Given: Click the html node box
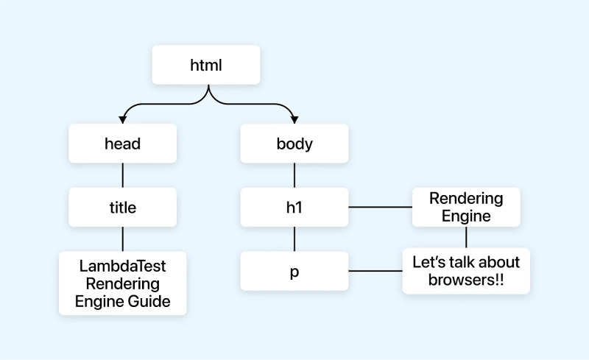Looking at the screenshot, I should pos(206,65).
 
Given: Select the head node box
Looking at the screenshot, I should pos(122,144).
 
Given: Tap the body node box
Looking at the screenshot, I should pos(294,144).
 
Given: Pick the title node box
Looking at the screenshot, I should pos(122,208).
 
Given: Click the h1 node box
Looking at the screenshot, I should pos(294,208).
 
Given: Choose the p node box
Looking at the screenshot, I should pos(294,271).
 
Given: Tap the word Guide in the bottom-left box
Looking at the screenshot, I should pos(149,300).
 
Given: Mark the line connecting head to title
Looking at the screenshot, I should pos(122,175).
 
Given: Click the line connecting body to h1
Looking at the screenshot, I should pos(294,175).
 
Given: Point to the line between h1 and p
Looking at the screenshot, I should pos(294,239).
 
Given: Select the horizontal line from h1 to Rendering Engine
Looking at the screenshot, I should pos(379,208).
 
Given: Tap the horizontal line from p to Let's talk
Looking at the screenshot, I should pos(375,271).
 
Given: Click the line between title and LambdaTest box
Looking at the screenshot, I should pos(122,239).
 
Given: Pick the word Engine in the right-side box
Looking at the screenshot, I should pos(466,216).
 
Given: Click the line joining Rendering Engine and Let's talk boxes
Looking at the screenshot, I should pos(466,237).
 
